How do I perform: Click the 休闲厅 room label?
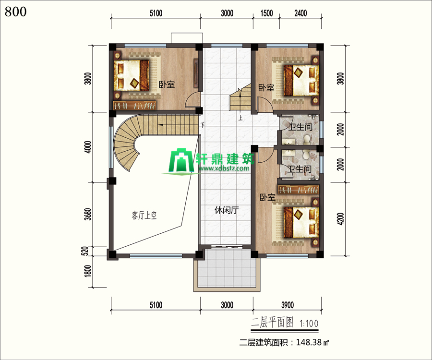(227, 211)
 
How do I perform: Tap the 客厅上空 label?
(144, 215)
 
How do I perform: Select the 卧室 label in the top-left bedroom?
(167, 84)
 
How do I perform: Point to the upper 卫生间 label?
(300, 127)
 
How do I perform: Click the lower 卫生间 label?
(299, 169)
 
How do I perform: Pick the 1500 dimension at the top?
(266, 13)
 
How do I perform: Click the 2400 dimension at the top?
(300, 13)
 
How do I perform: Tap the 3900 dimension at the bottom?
(288, 305)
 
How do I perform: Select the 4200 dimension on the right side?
(340, 219)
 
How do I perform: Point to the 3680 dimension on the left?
(88, 214)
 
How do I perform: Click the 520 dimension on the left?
(85, 251)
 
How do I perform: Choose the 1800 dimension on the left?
(88, 271)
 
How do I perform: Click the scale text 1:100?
(309, 324)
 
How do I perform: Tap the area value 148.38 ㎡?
(312, 342)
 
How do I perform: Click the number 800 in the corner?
(16, 12)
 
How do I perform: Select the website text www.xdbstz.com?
(224, 168)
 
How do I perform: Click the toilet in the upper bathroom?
(307, 139)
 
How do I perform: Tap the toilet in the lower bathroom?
(306, 155)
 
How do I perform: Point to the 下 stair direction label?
(203, 125)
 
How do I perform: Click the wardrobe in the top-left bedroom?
(135, 105)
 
